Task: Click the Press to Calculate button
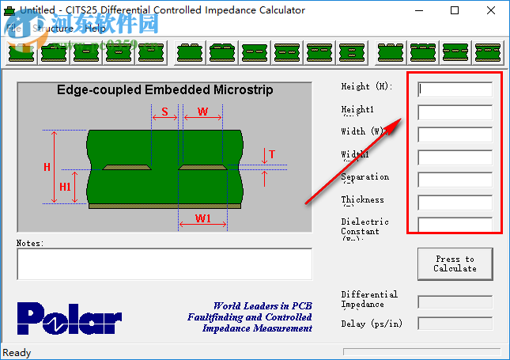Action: point(455,263)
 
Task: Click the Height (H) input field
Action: point(455,89)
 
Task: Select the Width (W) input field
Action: point(455,135)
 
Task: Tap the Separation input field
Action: point(455,180)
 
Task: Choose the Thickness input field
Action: point(455,203)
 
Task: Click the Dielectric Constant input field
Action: point(455,225)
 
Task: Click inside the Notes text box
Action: point(164,264)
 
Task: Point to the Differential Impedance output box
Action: point(455,301)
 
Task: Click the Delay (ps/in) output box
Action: point(455,323)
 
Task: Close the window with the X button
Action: point(491,11)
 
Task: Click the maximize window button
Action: point(455,11)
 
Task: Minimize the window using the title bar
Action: point(418,11)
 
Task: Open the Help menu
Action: point(95,28)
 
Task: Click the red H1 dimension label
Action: point(66,187)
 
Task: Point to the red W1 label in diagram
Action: point(202,218)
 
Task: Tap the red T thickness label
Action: point(271,155)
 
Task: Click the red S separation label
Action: point(164,112)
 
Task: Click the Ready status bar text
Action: point(17,353)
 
